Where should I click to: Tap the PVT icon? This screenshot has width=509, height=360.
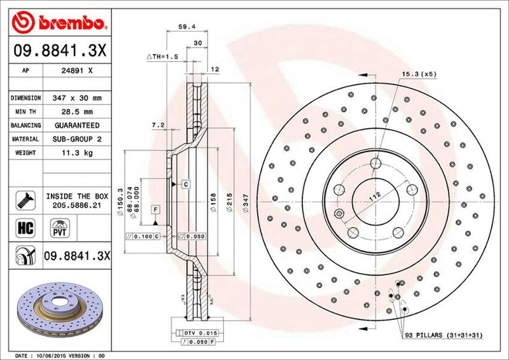(59, 227)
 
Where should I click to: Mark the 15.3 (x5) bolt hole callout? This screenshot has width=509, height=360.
(417, 74)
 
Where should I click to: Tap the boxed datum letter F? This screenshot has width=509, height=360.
(155, 209)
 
